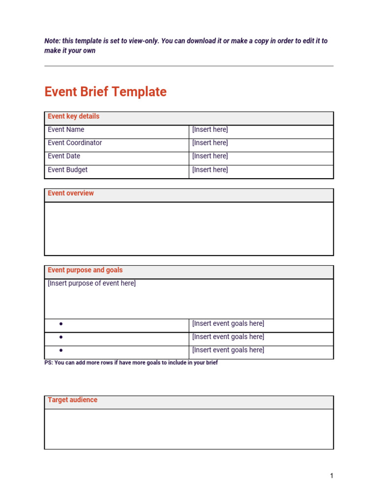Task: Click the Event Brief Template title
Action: click(105, 92)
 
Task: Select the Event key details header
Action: click(73, 117)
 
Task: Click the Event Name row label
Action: click(66, 130)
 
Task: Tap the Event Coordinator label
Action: click(75, 143)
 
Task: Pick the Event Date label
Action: click(64, 157)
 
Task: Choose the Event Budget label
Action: click(67, 170)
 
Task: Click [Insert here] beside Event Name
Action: click(210, 130)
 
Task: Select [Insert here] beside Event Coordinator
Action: click(210, 143)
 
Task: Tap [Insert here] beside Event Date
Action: click(210, 157)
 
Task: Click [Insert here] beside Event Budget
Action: click(210, 170)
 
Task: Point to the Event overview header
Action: click(70, 193)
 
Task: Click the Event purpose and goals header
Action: click(85, 270)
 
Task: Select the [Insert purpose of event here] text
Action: click(92, 283)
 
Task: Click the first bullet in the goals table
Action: click(61, 324)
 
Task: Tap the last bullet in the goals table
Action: click(61, 350)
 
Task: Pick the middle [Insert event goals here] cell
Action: click(228, 337)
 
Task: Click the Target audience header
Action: click(72, 400)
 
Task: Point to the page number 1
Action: click(332, 476)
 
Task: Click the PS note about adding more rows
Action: click(131, 363)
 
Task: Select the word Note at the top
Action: click(52, 41)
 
